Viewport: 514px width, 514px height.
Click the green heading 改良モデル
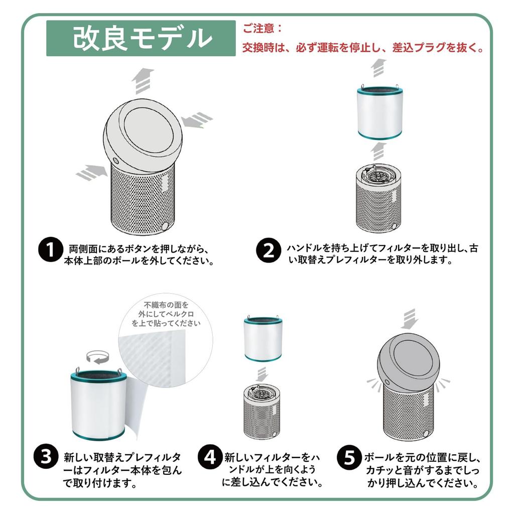[141, 38]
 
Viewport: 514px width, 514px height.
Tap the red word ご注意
[258, 29]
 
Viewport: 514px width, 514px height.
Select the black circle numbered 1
[50, 250]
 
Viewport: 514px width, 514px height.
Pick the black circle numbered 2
[269, 250]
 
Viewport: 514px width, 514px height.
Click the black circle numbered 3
[46, 457]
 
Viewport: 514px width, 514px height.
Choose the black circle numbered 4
[210, 457]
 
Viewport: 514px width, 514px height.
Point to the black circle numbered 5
[349, 457]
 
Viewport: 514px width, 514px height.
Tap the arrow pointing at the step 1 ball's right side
[197, 120]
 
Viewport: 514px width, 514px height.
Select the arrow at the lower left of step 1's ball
[92, 173]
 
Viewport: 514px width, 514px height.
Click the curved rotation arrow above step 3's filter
[97, 357]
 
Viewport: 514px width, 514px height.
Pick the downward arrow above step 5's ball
[410, 319]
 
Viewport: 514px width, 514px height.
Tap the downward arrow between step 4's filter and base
[262, 374]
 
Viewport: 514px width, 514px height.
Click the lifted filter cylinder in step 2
[380, 112]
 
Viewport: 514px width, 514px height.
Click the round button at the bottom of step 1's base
[165, 225]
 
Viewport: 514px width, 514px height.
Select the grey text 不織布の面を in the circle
[167, 305]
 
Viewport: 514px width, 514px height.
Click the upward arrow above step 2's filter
[378, 68]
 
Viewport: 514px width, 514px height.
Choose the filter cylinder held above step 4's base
[263, 339]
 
